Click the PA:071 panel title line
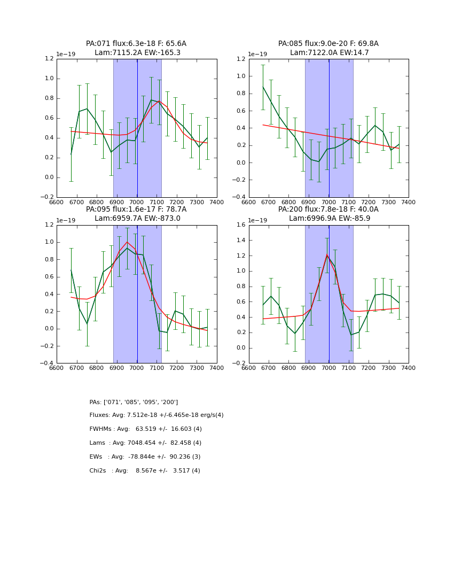coord(136,44)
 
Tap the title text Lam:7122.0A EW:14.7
coord(329,53)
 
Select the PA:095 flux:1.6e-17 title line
coord(136,210)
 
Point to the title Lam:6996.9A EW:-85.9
coord(329,218)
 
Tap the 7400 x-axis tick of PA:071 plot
coord(217,203)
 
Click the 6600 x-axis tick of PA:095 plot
coord(57,368)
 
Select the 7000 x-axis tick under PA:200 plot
coord(329,368)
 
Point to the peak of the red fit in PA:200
coord(327,254)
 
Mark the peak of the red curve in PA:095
coord(127,242)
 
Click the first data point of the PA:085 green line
coord(263,87)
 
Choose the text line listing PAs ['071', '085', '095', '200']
coord(134,402)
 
